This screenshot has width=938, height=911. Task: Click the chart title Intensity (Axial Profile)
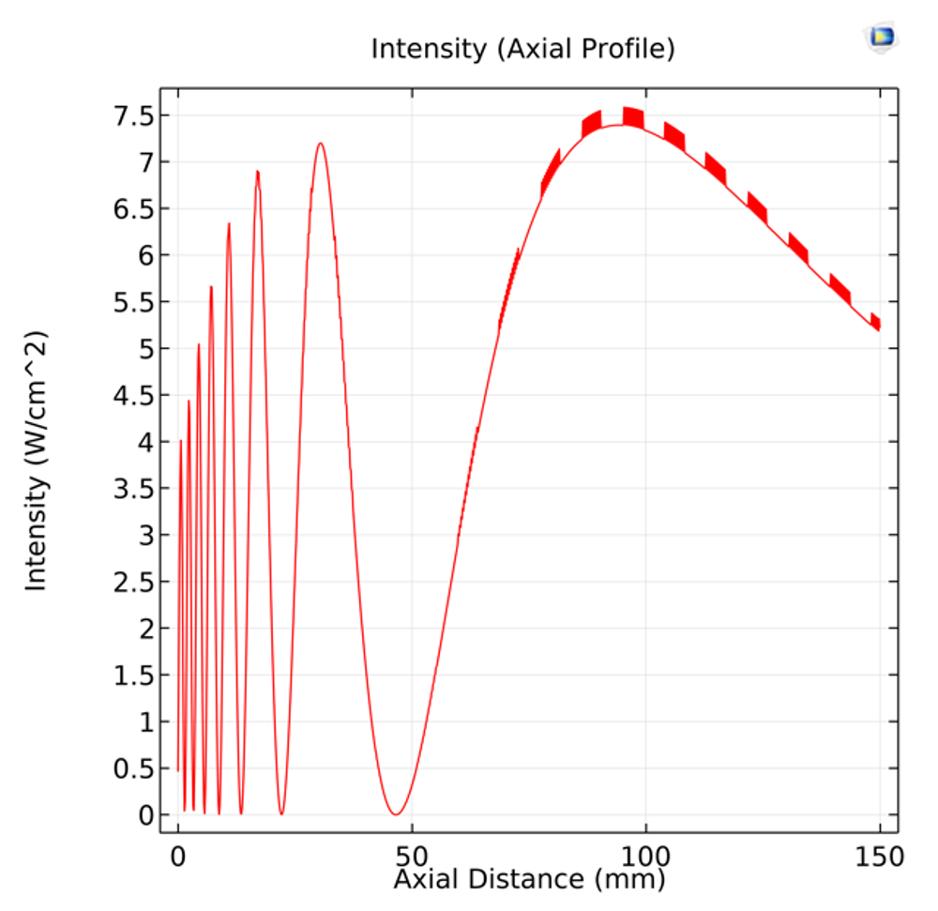[x=522, y=49]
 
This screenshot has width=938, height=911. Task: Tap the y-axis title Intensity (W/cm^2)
[x=36, y=462]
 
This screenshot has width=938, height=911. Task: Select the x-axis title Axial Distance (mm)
[x=529, y=879]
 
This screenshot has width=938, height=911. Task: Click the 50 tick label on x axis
[x=412, y=857]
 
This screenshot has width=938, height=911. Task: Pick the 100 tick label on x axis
[x=645, y=857]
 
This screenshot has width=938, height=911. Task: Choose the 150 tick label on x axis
[x=879, y=857]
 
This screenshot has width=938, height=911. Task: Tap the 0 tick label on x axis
[x=178, y=857]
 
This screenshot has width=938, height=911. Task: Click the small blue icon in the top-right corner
[x=881, y=38]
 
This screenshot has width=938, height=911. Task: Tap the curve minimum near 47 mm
[x=397, y=814]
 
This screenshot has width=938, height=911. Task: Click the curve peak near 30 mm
[x=321, y=144]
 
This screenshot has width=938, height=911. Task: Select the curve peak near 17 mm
[x=258, y=172]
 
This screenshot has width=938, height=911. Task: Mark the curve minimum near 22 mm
[x=281, y=813]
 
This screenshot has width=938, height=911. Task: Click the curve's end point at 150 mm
[x=879, y=329]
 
